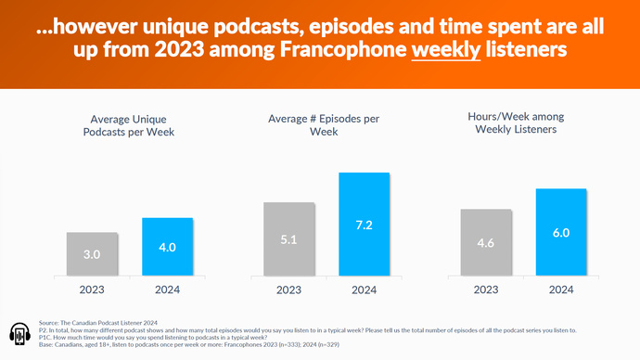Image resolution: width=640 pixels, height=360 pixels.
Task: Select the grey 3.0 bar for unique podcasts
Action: click(x=92, y=254)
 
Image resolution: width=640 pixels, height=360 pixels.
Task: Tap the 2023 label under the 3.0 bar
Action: click(x=92, y=289)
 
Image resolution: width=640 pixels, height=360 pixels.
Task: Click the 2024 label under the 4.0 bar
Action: click(x=167, y=289)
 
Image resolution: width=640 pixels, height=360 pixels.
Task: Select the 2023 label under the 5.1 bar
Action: click(x=289, y=289)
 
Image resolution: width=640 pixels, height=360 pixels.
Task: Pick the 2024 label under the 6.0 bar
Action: click(x=562, y=289)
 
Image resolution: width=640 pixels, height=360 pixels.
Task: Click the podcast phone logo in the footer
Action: click(x=20, y=335)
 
